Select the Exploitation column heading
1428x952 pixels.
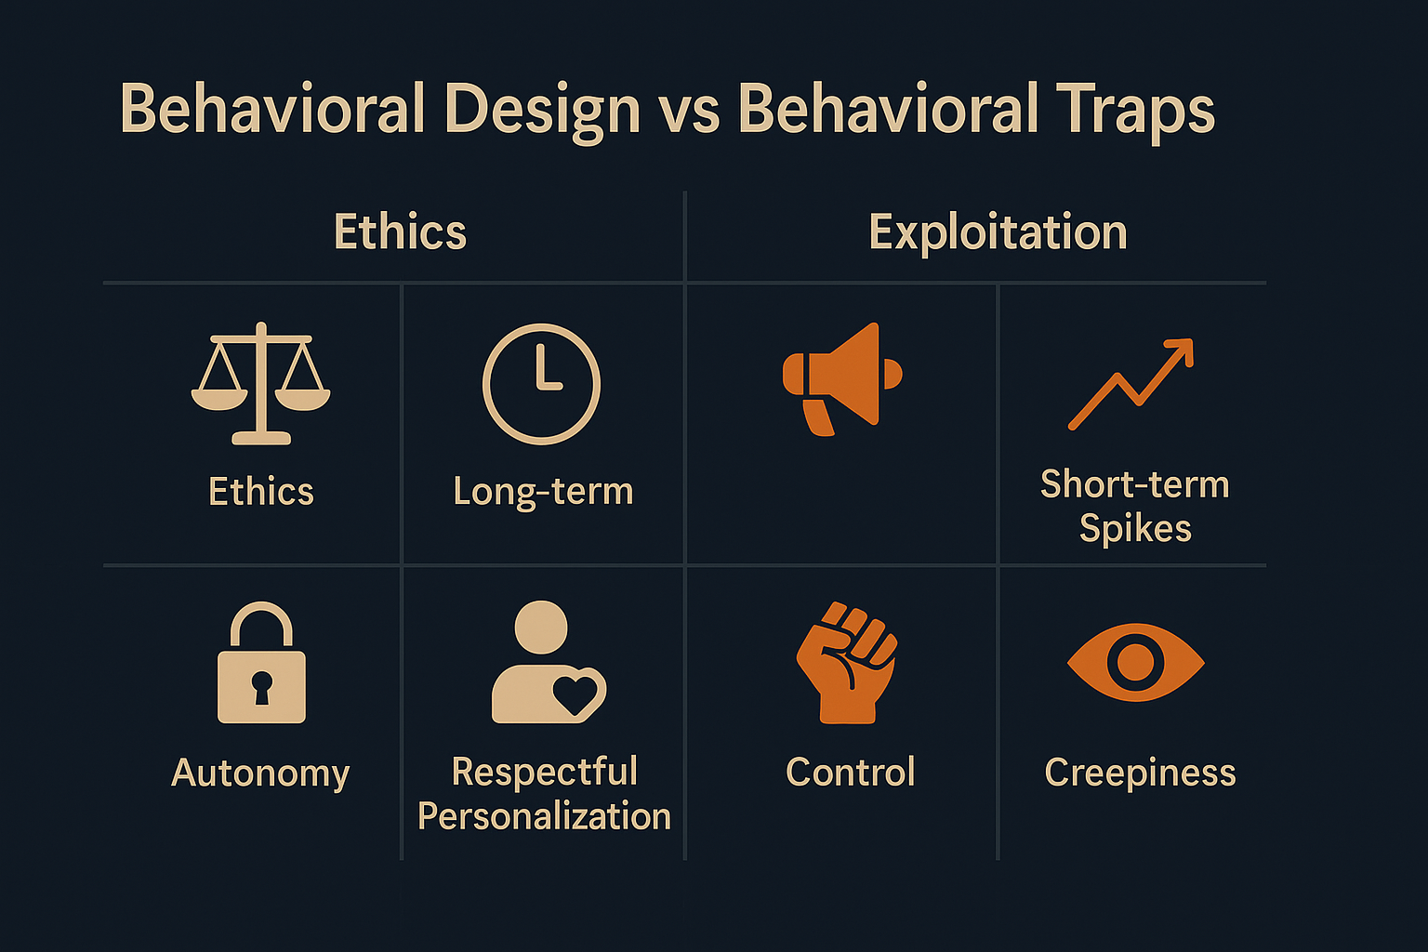click(998, 232)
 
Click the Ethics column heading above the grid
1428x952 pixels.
click(401, 231)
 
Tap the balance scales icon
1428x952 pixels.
click(260, 383)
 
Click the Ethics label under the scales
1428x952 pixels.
click(261, 491)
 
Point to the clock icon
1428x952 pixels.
click(541, 384)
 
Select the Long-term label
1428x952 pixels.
click(543, 492)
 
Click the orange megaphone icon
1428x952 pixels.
click(841, 378)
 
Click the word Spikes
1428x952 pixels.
click(1135, 529)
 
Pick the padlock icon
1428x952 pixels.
click(261, 662)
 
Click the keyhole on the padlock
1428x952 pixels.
click(261, 687)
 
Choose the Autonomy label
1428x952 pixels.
click(260, 774)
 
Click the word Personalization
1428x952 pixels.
click(545, 816)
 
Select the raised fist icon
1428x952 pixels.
click(847, 662)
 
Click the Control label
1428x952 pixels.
click(851, 773)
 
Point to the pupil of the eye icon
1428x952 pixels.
click(1135, 662)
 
